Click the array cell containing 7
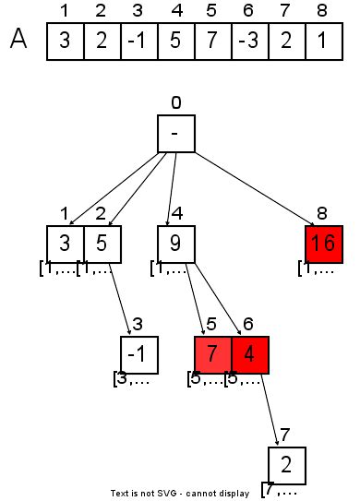coord(212,42)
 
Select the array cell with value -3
coord(249,42)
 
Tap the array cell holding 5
coord(175,42)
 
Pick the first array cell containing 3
coord(65,42)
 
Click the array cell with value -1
coord(138,42)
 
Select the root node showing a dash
coord(175,134)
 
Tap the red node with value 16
coord(323,244)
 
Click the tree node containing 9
coord(175,244)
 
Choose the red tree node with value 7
coord(212,354)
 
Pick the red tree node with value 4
coord(249,354)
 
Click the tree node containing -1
coord(138,354)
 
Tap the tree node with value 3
coord(65,244)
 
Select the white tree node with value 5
coord(102,244)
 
